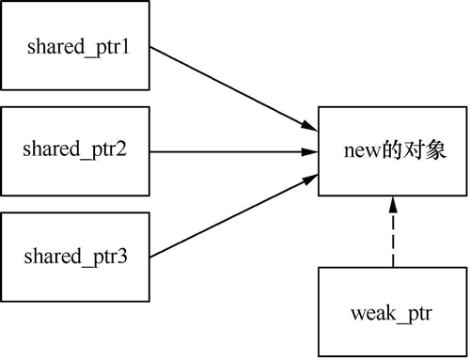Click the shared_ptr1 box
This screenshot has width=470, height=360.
point(76,46)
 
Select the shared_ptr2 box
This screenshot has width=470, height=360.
point(76,151)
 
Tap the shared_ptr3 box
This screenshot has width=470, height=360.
point(76,257)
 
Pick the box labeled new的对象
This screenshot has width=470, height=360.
point(393,151)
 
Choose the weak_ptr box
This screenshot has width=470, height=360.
point(393,311)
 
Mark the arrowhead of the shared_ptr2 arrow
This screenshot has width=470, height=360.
point(309,151)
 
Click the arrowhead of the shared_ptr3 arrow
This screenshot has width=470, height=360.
point(309,177)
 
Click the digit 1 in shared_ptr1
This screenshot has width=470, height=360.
point(124,44)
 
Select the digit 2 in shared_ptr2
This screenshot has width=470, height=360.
point(124,149)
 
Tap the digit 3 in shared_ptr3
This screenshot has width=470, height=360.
point(124,255)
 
